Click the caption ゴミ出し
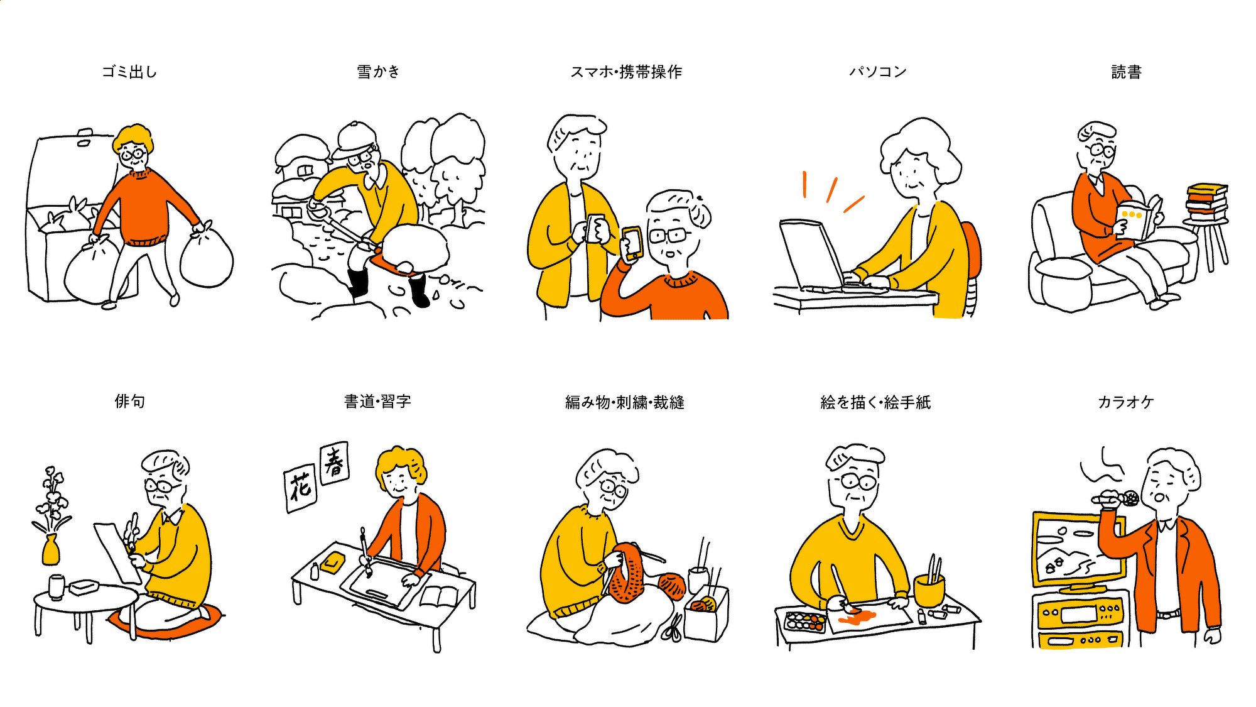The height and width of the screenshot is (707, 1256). pyautogui.click(x=129, y=72)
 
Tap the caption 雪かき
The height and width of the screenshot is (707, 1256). pyautogui.click(x=378, y=72)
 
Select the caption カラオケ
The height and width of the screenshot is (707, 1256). pyautogui.click(x=1125, y=402)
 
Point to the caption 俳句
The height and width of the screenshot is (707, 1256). pyautogui.click(x=129, y=401)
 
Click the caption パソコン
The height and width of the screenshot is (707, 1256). pyautogui.click(x=878, y=72)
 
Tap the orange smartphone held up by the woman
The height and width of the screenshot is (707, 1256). pyautogui.click(x=632, y=243)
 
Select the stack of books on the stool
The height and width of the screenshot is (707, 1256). pyautogui.click(x=1206, y=202)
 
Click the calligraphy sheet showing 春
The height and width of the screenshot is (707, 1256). pyautogui.click(x=334, y=463)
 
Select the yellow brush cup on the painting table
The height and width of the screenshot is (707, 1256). pyautogui.click(x=929, y=589)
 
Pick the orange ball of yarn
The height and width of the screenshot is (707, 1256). pyautogui.click(x=672, y=584)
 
